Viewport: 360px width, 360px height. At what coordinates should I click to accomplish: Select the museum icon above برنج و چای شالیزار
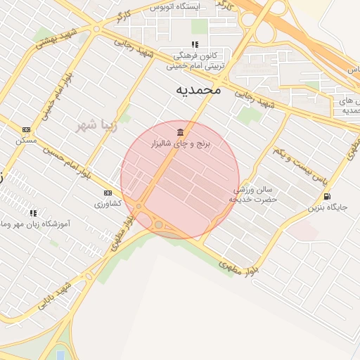pyautogui.click(x=181, y=132)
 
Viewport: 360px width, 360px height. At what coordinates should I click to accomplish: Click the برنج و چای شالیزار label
pyautogui.click(x=181, y=143)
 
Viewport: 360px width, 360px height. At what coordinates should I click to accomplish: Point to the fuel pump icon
pyautogui.click(x=327, y=197)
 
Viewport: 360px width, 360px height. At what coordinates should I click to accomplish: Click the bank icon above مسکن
pyautogui.click(x=27, y=130)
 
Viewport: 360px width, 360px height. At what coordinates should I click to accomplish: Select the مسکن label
pyautogui.click(x=27, y=141)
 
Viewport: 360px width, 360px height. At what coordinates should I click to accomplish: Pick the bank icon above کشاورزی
pyautogui.click(x=108, y=193)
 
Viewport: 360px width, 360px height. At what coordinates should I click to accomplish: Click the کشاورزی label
pyautogui.click(x=108, y=203)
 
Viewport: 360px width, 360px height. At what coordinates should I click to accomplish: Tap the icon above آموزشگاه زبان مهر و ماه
pyautogui.click(x=32, y=212)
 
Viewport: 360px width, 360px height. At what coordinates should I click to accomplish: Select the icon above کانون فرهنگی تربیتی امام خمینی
pyautogui.click(x=195, y=44)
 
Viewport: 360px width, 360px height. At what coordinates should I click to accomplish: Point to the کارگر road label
pyautogui.click(x=123, y=15)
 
